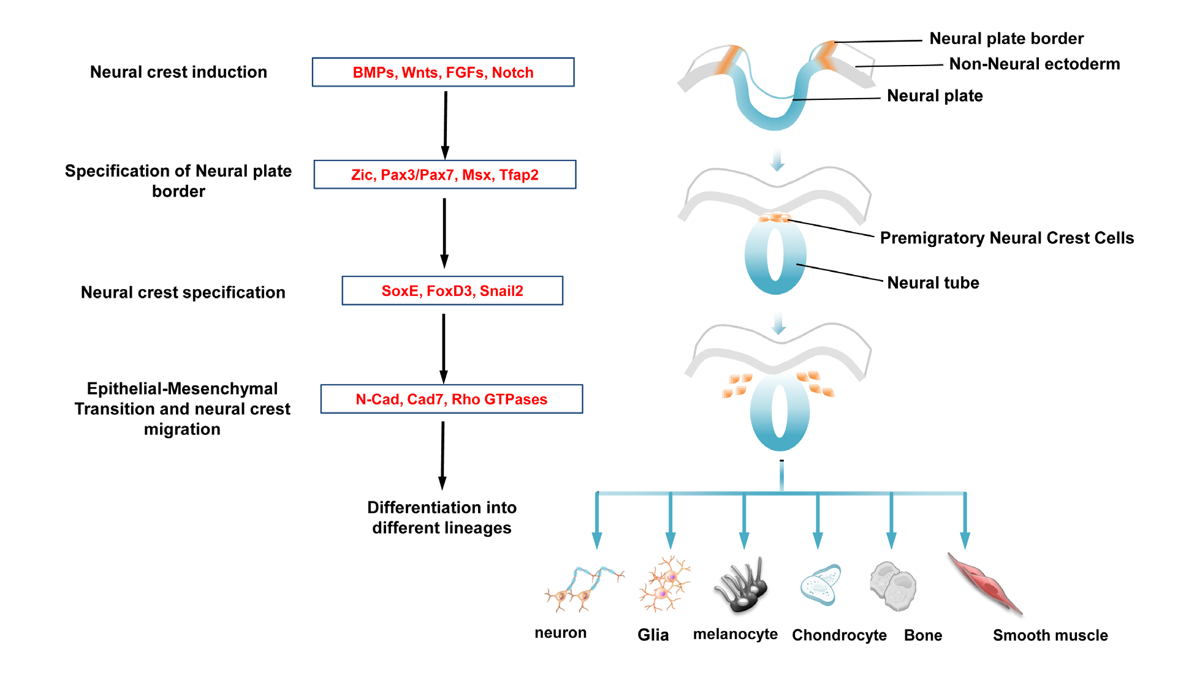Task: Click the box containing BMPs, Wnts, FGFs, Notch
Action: (x=443, y=72)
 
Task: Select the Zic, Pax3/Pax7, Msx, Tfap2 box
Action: (x=444, y=175)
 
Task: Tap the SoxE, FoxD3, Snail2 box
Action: (x=452, y=290)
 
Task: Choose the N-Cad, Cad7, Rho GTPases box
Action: (x=451, y=399)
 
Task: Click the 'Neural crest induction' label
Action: (x=178, y=72)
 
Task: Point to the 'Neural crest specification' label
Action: (x=183, y=292)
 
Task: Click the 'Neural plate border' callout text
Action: (x=1006, y=39)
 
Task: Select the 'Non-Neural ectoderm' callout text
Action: (x=1034, y=64)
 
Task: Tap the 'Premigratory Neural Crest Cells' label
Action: (x=1006, y=238)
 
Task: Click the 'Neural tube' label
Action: (x=933, y=282)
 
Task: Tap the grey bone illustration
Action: (x=893, y=586)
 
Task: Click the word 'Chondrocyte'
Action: (x=838, y=635)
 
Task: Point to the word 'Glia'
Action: (x=653, y=635)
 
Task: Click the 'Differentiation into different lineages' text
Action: (x=441, y=518)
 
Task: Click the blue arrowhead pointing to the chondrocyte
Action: (x=818, y=540)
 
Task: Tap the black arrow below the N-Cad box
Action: (x=443, y=456)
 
